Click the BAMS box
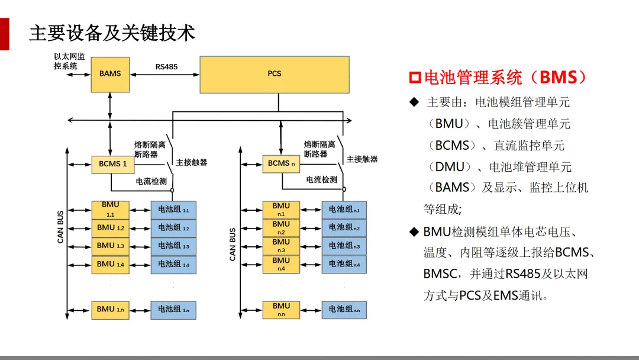pos(110,74)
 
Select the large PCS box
pos(275,74)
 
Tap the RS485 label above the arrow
pos(166,66)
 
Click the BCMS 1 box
pos(109,164)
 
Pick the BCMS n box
pos(281,163)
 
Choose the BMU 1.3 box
pos(110,246)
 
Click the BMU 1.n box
pos(110,309)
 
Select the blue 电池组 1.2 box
pos(173,228)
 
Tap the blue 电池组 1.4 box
pos(173,264)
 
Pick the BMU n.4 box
pos(281,264)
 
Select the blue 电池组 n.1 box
pos(344,210)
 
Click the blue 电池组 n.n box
pos(344,309)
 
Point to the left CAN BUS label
pos(61,227)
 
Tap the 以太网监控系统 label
pos(69,62)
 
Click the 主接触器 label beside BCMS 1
pos(192,162)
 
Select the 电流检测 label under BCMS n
pos(321,179)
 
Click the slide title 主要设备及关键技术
pos(112,33)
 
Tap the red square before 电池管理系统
pos(415,78)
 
